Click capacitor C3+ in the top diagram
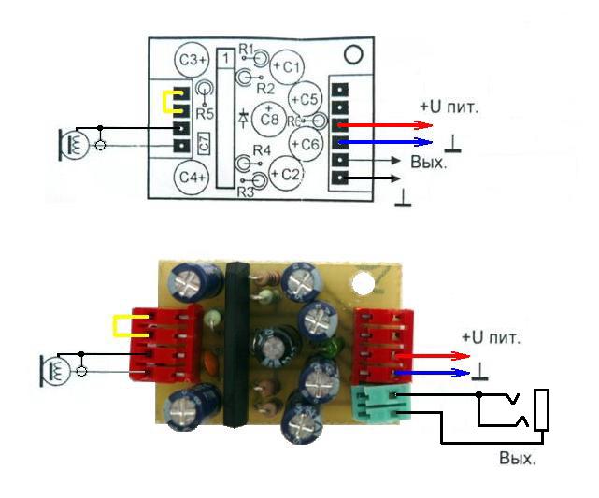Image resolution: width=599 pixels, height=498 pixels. click(192, 59)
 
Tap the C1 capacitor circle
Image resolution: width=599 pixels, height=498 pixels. click(287, 66)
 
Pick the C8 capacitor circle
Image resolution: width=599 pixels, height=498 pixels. click(270, 119)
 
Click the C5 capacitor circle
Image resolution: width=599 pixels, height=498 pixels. click(306, 99)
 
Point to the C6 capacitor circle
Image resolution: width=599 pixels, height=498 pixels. click(307, 143)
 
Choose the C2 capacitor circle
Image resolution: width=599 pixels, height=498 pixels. click(286, 174)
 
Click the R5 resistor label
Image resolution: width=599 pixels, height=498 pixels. click(207, 113)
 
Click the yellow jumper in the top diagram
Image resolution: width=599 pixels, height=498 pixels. click(170, 102)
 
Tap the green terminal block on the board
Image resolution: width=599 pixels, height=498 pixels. click(377, 407)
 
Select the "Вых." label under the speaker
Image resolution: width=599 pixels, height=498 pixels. click(517, 459)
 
